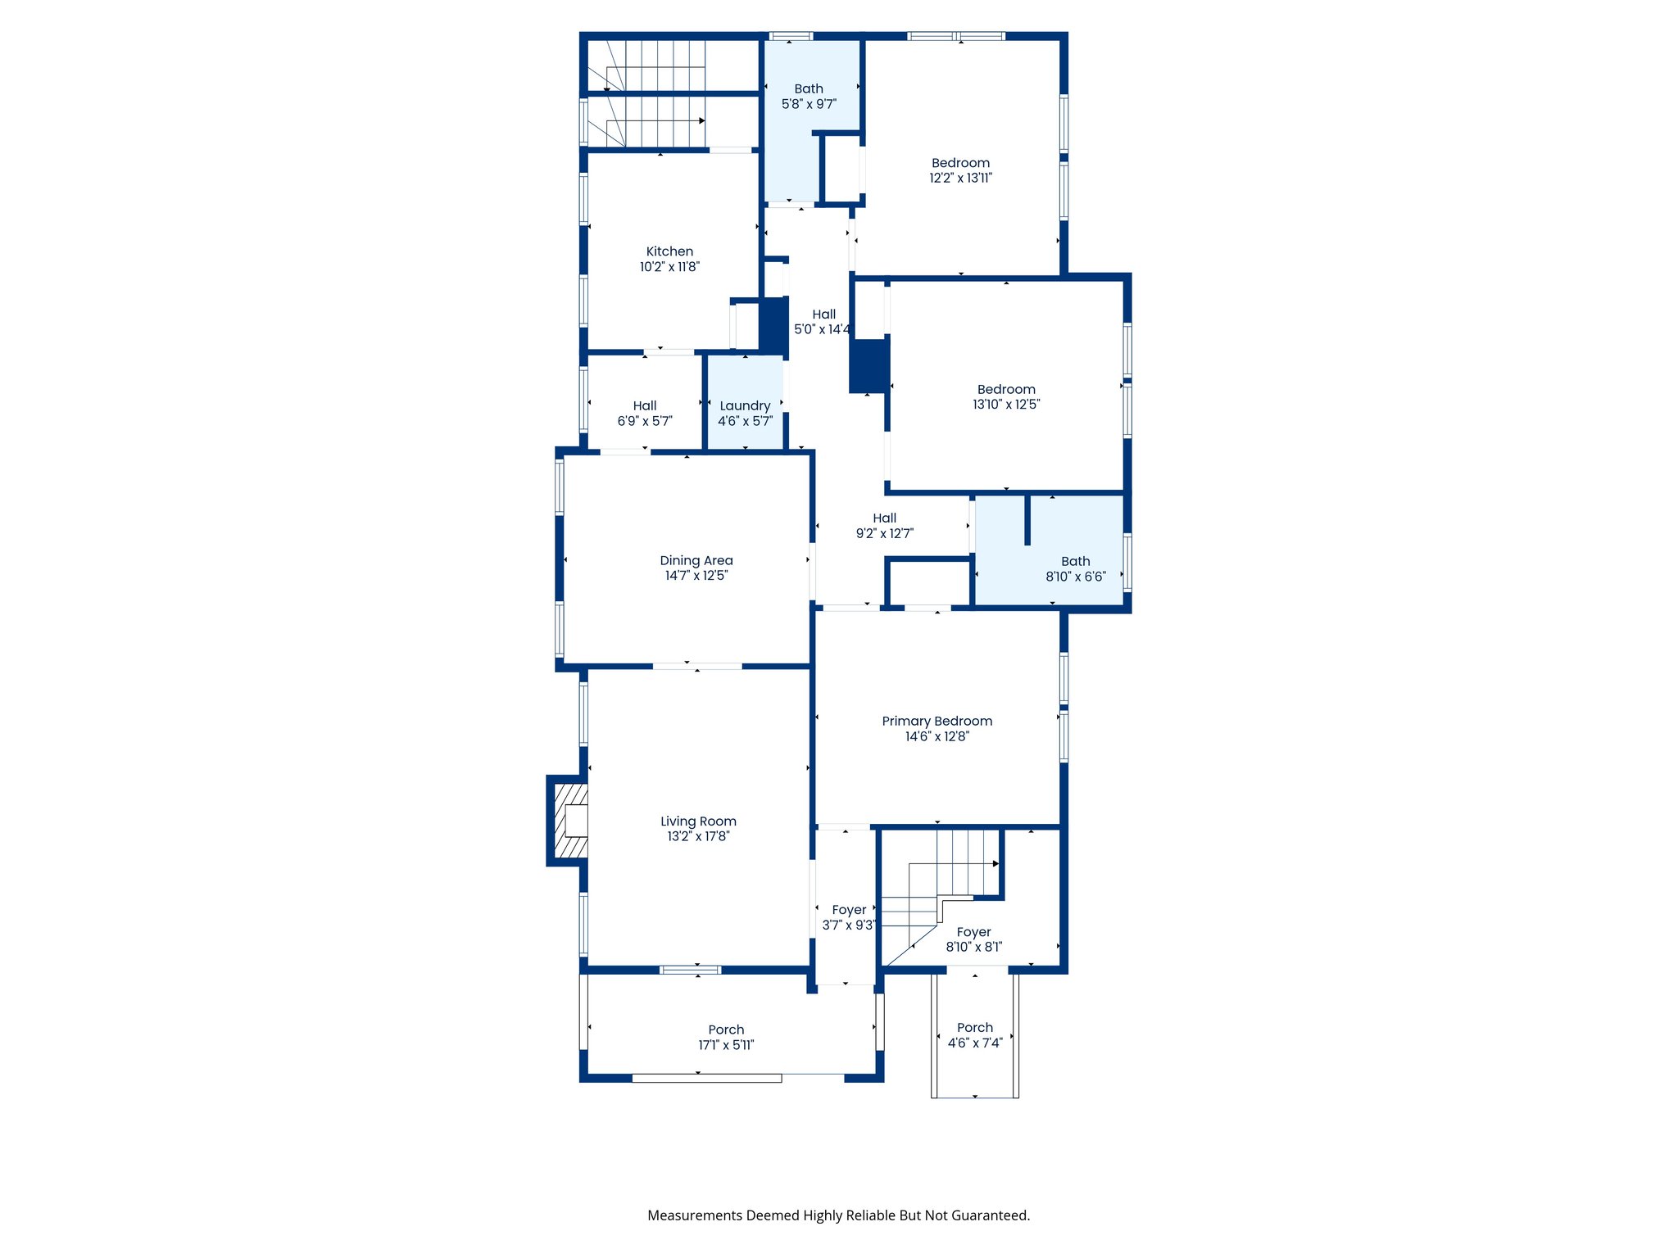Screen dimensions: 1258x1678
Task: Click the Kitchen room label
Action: [669, 251]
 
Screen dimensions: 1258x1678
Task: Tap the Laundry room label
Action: [745, 405]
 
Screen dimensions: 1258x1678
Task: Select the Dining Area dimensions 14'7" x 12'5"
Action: [696, 576]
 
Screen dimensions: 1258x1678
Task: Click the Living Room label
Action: [698, 821]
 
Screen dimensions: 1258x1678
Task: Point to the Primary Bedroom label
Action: [937, 722]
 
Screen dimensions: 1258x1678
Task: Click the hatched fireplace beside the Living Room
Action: [571, 821]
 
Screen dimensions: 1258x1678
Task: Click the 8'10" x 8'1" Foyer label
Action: [973, 939]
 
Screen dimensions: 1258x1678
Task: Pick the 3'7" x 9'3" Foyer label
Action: [849, 917]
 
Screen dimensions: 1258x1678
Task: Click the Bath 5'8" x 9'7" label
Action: [809, 96]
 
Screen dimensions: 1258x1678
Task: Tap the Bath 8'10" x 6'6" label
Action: [1075, 569]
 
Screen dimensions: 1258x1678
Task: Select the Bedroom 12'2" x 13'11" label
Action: [960, 170]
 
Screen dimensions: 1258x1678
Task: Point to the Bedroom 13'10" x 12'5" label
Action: [1006, 396]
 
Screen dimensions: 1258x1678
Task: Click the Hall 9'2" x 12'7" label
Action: [884, 526]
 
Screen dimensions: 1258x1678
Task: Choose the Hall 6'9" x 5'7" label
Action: [645, 413]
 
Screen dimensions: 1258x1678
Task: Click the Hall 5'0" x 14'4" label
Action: [823, 322]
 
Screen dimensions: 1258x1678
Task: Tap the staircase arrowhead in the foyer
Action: [996, 863]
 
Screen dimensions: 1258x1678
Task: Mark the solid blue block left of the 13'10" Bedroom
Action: [868, 366]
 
